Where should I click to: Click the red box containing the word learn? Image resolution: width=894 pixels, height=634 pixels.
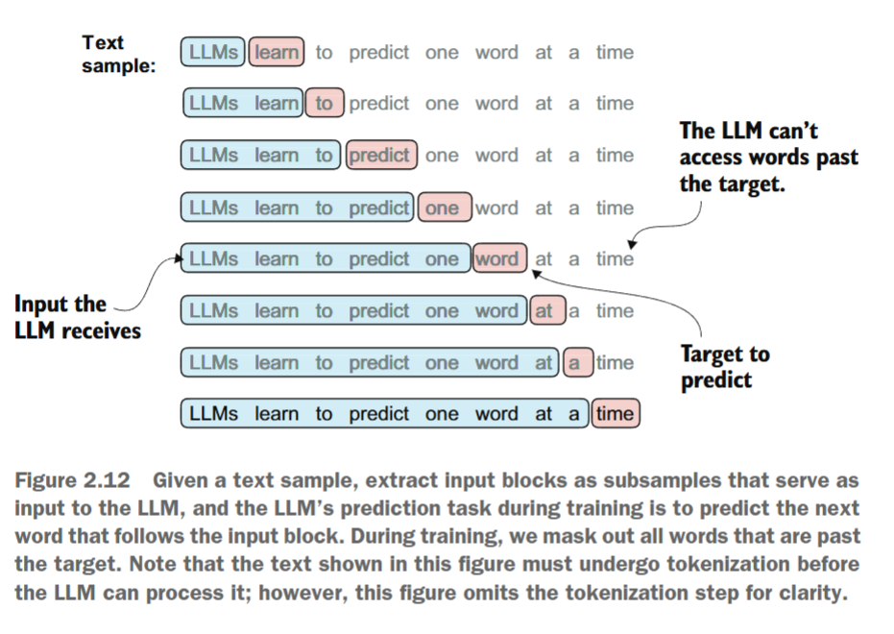pyautogui.click(x=277, y=52)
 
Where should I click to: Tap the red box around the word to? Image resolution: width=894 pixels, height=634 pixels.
pyautogui.click(x=325, y=104)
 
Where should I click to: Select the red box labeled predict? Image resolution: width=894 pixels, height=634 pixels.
pyautogui.click(x=381, y=156)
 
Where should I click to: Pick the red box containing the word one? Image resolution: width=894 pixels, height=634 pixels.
pyautogui.click(x=442, y=207)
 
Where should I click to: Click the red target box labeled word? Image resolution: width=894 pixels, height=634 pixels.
pyautogui.click(x=498, y=259)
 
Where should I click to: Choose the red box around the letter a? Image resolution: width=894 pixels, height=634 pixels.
pyautogui.click(x=575, y=363)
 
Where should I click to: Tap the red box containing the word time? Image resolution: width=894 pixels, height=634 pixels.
pyautogui.click(x=615, y=414)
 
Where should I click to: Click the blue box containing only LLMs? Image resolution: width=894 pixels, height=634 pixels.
pyautogui.click(x=213, y=52)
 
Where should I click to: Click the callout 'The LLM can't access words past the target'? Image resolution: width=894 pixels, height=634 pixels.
pyautogui.click(x=767, y=158)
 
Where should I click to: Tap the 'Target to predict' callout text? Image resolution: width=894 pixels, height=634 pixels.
pyautogui.click(x=725, y=367)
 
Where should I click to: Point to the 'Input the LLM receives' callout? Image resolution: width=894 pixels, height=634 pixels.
pyautogui.click(x=77, y=317)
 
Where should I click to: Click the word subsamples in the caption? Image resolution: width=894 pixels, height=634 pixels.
pyautogui.click(x=604, y=480)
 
